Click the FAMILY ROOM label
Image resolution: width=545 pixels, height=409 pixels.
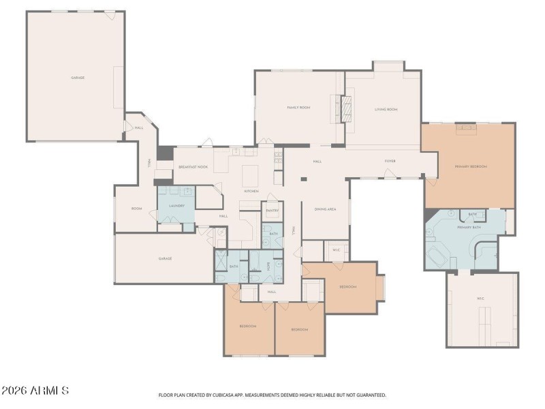(x=298, y=108)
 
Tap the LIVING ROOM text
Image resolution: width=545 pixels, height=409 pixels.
(x=386, y=110)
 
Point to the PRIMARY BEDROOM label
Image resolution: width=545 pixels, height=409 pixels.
(x=471, y=166)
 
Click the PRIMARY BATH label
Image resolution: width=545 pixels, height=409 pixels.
(x=469, y=228)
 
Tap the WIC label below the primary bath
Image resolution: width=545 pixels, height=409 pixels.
(x=480, y=299)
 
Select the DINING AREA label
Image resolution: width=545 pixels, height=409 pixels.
(x=324, y=209)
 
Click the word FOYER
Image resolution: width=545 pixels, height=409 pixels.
(x=390, y=162)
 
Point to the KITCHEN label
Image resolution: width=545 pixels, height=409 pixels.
(x=251, y=192)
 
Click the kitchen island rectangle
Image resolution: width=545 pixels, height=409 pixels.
(x=249, y=171)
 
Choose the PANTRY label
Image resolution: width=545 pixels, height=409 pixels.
(x=272, y=211)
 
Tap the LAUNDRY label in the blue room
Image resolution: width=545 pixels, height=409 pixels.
(x=177, y=205)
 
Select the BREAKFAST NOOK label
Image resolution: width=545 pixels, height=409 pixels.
(x=193, y=167)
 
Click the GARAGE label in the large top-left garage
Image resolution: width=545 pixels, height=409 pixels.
(x=78, y=78)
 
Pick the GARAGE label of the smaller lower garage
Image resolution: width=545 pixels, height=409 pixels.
(x=165, y=258)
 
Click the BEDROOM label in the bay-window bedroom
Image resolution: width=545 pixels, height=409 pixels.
(x=348, y=287)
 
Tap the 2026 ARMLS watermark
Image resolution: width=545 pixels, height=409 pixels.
(x=35, y=391)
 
